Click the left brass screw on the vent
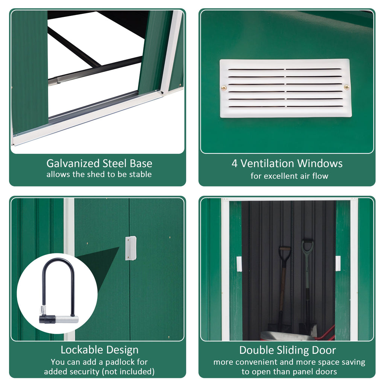tap(224, 88)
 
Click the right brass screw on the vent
tap(347, 87)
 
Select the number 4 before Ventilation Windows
tap(235, 164)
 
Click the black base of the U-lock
tap(47, 319)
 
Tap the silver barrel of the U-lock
tap(67, 319)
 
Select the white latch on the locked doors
tap(130, 248)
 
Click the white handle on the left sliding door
tap(239, 264)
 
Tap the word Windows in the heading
tap(320, 164)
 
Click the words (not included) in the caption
tap(129, 372)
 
